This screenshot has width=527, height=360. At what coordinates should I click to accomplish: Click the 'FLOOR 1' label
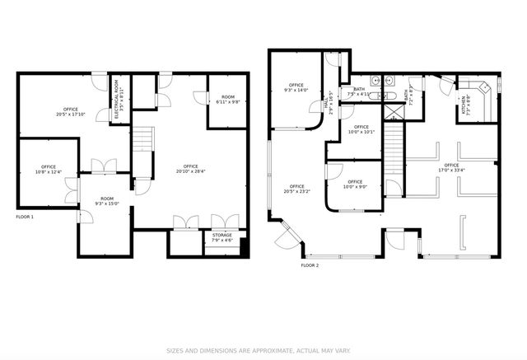click(x=25, y=217)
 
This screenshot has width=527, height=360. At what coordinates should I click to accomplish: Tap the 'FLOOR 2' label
click(x=310, y=265)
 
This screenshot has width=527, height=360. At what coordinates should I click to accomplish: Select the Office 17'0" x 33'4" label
click(x=451, y=168)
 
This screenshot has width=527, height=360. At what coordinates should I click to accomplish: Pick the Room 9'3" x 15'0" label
click(x=107, y=201)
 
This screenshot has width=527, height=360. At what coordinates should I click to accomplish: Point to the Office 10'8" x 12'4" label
click(x=49, y=169)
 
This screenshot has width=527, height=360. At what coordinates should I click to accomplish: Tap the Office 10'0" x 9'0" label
click(x=355, y=184)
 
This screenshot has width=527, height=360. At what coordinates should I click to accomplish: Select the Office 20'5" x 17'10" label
click(x=72, y=113)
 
